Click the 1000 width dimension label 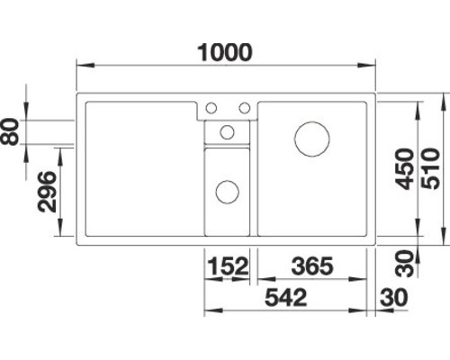point(225,53)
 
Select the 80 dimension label point(10,131)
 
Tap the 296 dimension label point(47,192)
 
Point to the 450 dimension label point(404,169)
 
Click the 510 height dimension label point(431,169)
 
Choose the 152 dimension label point(229,266)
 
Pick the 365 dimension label point(312,266)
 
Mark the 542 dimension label point(286,297)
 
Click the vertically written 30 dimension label point(404,263)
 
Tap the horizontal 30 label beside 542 point(394,297)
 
